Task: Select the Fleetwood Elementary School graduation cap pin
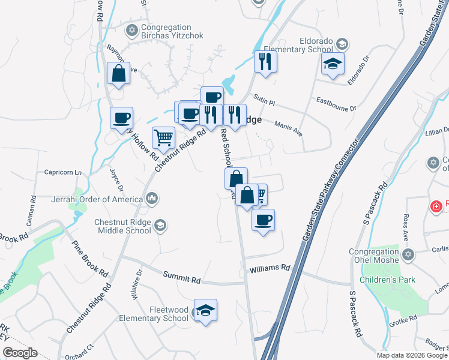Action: point(205,311)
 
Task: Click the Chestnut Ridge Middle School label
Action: point(122,226)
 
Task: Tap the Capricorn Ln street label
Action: point(62,172)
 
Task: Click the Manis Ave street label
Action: point(288,128)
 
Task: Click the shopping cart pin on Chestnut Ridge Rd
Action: point(163,138)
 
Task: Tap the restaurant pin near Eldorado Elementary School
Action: point(265,61)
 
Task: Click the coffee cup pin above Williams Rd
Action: point(262,220)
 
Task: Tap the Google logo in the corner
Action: point(20,353)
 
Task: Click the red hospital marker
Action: point(436,206)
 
